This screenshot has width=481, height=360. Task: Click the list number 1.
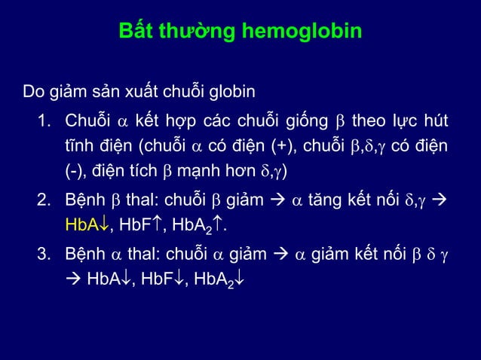click(x=44, y=121)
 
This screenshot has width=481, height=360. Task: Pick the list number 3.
click(x=44, y=253)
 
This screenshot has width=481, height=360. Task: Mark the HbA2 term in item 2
click(x=198, y=224)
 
